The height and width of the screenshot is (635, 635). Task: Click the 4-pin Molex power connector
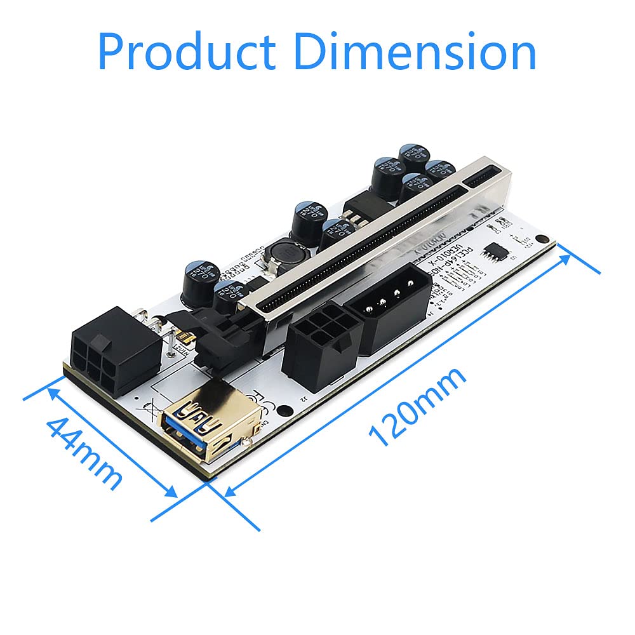387,309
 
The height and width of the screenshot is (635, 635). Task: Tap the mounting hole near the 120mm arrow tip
541,240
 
